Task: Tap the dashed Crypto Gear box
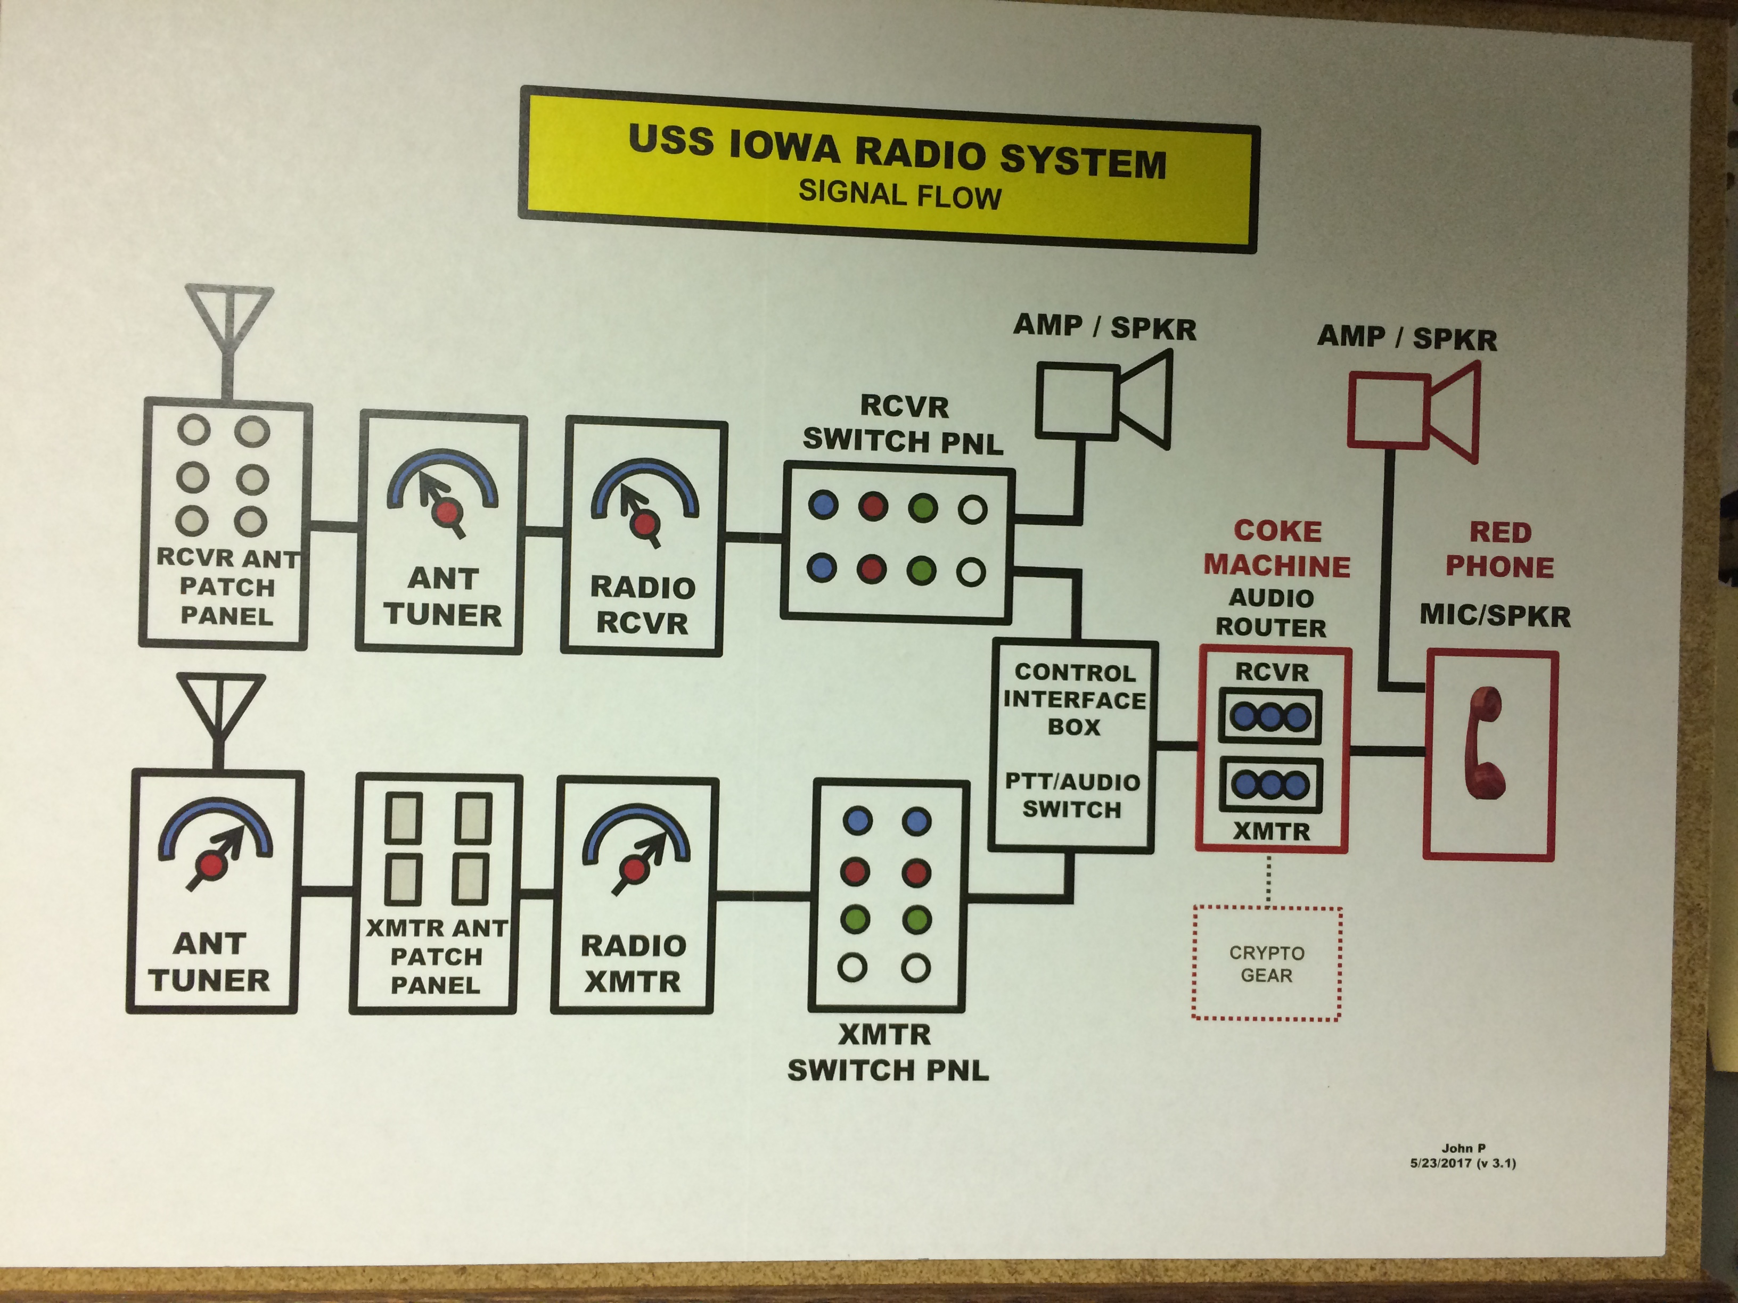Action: point(1267,964)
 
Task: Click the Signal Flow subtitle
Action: point(900,195)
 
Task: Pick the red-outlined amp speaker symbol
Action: point(1414,411)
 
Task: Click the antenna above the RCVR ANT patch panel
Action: point(228,330)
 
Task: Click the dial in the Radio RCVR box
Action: point(644,499)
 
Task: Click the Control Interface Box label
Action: point(1074,699)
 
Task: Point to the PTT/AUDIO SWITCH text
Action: point(1072,795)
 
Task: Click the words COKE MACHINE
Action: point(1277,548)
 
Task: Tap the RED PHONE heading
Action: point(1499,550)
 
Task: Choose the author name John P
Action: point(1463,1148)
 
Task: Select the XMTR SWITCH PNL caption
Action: point(887,1052)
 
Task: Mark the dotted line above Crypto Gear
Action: point(1268,880)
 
